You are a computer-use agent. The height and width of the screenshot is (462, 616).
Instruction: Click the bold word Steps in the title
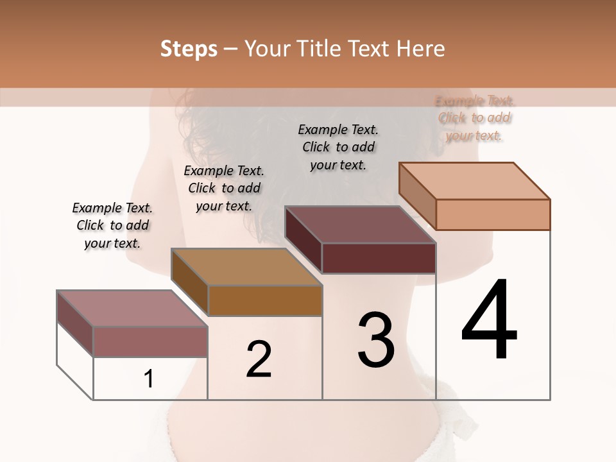pos(189,49)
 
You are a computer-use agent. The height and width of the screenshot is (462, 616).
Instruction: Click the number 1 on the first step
pos(149,379)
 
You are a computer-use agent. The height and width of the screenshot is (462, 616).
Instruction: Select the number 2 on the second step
pos(259,359)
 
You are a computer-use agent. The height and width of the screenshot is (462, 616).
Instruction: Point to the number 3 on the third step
pos(376,341)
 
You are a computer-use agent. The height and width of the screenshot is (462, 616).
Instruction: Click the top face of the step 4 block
pos(475,180)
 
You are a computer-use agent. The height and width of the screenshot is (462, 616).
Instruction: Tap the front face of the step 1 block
pos(150,341)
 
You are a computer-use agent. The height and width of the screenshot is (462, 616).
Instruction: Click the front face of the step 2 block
pos(265,300)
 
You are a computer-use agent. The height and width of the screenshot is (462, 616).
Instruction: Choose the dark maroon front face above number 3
pos(379,259)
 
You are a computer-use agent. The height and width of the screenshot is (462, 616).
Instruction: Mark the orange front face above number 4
pos(493,214)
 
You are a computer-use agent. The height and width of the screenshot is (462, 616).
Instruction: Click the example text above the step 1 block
pos(112,225)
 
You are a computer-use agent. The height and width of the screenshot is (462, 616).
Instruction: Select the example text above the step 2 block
pos(224,188)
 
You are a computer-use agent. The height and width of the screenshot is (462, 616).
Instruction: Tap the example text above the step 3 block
pos(338,147)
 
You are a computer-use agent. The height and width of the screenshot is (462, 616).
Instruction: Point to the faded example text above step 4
pos(475,118)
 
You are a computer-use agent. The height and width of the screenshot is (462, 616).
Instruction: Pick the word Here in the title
pos(422,49)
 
